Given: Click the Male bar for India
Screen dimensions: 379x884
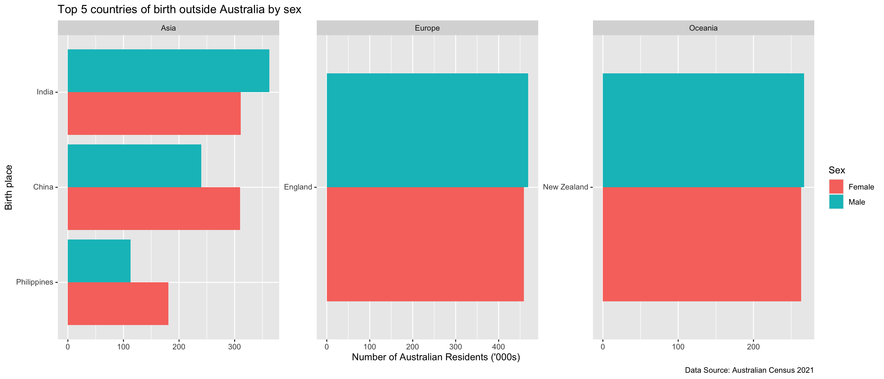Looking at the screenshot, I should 168,71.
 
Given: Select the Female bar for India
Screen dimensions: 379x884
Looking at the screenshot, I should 154,113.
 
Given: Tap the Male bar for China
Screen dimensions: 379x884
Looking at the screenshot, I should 134,166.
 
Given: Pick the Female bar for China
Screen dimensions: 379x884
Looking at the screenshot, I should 154,208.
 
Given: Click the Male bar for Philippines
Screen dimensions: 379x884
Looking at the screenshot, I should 99,261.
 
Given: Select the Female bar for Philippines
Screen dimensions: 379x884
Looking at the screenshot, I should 118,303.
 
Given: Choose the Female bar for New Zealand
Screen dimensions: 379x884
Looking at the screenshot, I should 701,244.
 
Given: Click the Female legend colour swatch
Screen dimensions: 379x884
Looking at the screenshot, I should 836,187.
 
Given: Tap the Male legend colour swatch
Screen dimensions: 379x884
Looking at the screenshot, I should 836,202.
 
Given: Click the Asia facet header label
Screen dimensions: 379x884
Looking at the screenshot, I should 168,28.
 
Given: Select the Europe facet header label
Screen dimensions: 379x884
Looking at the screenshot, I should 427,28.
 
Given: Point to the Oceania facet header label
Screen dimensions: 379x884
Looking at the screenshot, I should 703,28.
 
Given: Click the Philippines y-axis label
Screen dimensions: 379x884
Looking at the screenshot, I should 35,282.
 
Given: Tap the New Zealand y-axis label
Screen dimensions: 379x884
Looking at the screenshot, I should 565,187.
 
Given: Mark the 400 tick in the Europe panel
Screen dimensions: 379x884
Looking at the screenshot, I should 499,347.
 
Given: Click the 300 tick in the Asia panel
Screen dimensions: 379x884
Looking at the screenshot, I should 234,347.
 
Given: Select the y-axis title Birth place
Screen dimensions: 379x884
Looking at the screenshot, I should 9,188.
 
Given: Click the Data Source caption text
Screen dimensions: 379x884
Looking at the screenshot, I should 749,370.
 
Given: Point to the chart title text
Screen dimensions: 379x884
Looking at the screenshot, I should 180,9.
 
